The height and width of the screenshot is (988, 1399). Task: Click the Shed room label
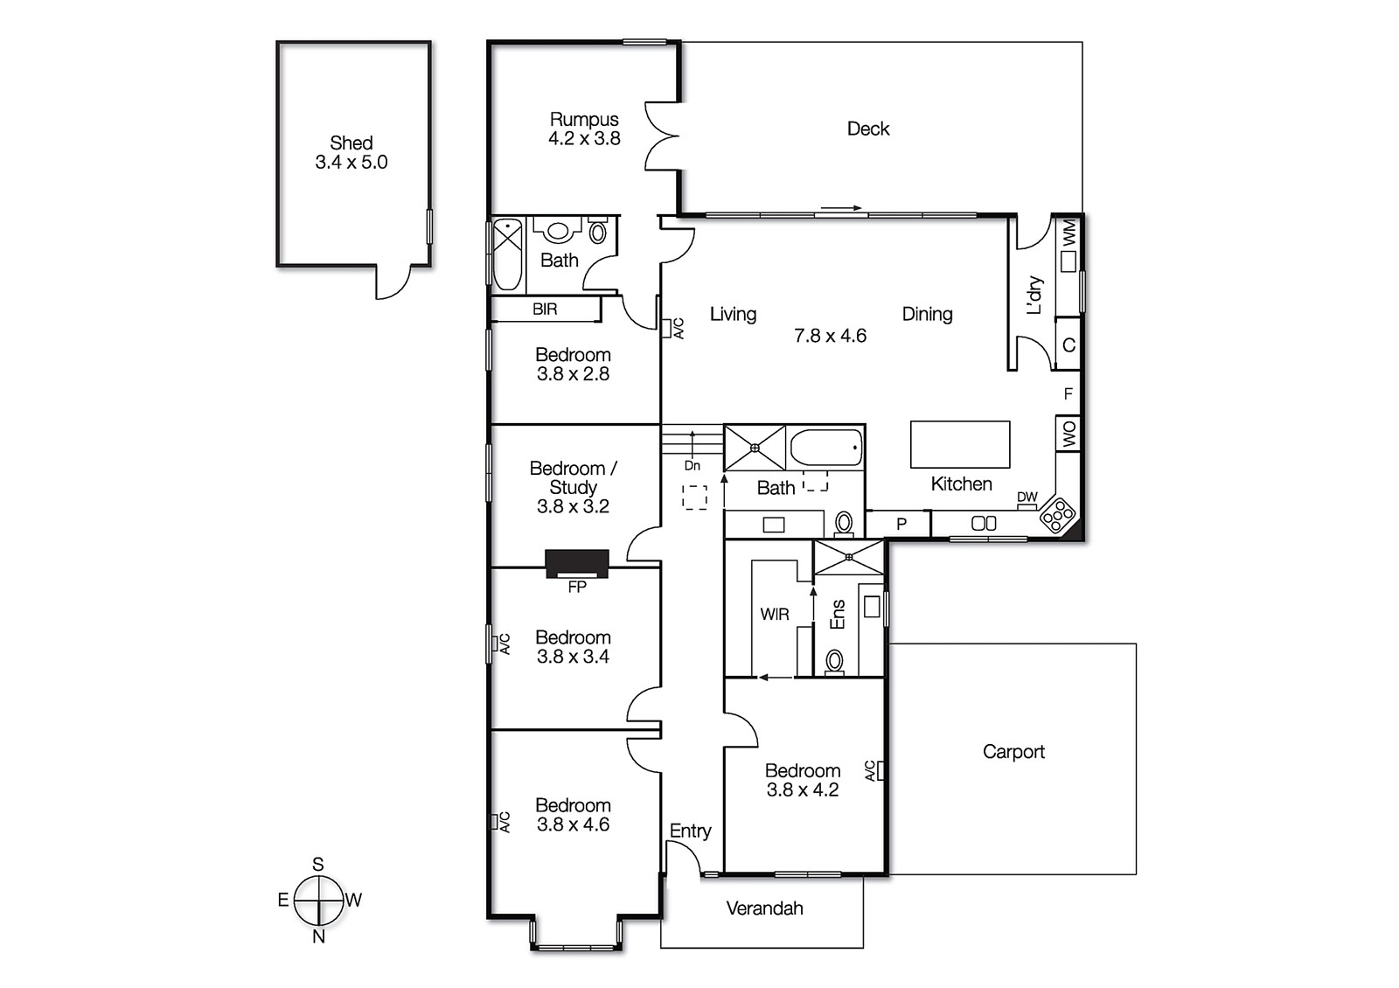point(351,143)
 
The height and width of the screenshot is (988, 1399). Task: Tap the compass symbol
point(318,901)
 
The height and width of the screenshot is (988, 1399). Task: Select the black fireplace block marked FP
point(576,563)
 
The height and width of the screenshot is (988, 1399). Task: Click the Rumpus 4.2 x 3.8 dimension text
point(584,138)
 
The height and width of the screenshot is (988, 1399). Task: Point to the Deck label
point(867,129)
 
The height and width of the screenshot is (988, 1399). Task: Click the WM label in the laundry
point(1068,233)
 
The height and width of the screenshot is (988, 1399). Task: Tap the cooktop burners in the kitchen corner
point(1057,515)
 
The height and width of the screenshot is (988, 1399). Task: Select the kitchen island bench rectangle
point(960,444)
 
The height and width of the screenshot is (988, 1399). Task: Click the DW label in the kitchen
point(1027,497)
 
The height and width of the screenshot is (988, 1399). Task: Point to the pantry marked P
point(901,524)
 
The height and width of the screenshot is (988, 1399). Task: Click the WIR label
point(774,614)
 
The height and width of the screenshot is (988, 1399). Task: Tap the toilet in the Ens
point(835,661)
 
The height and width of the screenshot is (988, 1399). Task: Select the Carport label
point(1013,751)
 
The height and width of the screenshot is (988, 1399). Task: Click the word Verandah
point(764,908)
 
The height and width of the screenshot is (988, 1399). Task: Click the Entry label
point(690,831)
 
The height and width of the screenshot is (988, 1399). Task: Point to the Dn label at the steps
point(692,466)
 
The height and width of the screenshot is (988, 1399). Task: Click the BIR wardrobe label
point(544,309)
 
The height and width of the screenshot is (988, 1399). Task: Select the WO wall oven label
point(1068,434)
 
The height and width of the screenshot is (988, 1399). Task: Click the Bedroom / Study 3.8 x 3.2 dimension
point(573,506)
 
